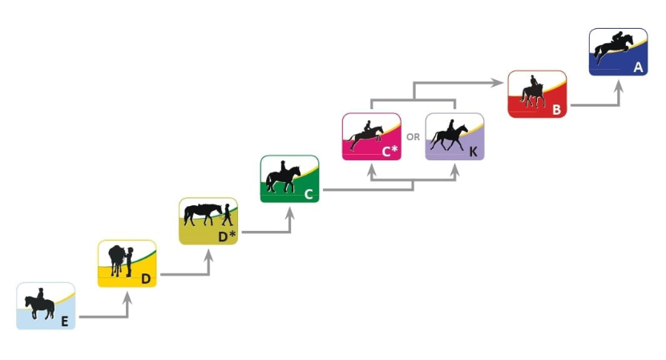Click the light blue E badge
pyautogui.click(x=46, y=305)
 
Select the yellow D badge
pyautogui.click(x=127, y=263)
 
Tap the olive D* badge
pyautogui.click(x=208, y=220)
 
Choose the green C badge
pyautogui.click(x=289, y=179)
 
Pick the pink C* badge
pyautogui.click(x=371, y=136)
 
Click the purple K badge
pyautogui.click(x=454, y=136)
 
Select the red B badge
pyautogui.click(x=537, y=94)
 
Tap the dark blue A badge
pyautogui.click(x=618, y=52)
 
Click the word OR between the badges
pyautogui.click(x=413, y=137)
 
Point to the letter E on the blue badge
pyautogui.click(x=64, y=321)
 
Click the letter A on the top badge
pyautogui.click(x=638, y=67)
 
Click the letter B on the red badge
pyautogui.click(x=556, y=110)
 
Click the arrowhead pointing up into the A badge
pyautogui.click(x=618, y=84)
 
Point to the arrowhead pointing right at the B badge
pyautogui.click(x=498, y=81)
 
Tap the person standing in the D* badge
pyautogui.click(x=227, y=213)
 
